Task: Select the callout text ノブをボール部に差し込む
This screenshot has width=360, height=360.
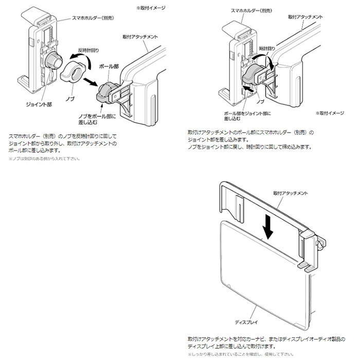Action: click(96, 120)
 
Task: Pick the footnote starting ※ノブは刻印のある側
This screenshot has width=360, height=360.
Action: click(44, 159)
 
